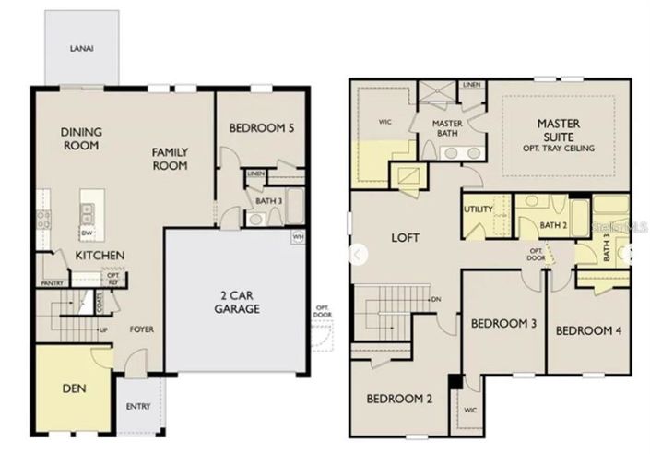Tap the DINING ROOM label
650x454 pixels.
pos(81,138)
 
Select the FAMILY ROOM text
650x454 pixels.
pos(171,160)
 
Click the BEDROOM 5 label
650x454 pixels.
pos(262,129)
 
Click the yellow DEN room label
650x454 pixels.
pos(74,388)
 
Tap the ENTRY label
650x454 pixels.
pos(138,405)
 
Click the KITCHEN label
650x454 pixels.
pos(95,255)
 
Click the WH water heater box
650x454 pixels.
pos(298,237)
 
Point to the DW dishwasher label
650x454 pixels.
pos(85,233)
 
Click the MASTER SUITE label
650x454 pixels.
pos(556,135)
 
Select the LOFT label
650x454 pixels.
pos(406,237)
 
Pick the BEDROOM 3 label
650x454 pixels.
pos(503,323)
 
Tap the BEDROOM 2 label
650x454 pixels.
pos(400,400)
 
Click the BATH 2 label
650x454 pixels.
pos(552,225)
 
